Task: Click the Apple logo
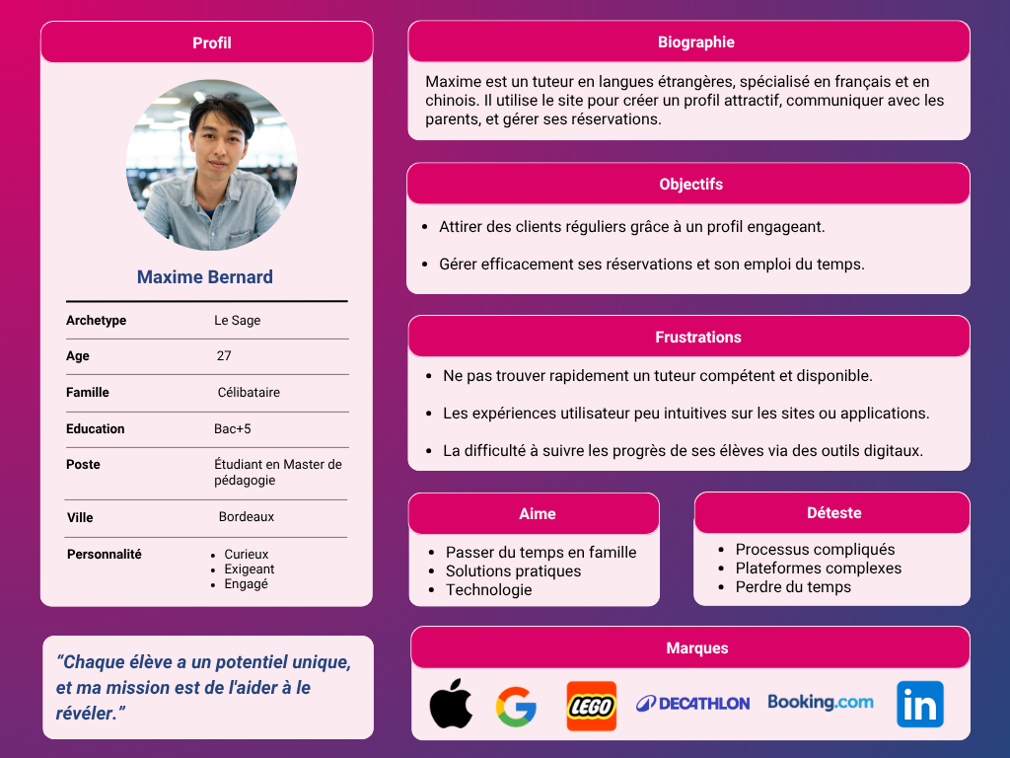pos(451,704)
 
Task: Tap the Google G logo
pos(516,707)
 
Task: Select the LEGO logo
pos(592,706)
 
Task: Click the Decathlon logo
pos(692,704)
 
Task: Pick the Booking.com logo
pos(821,702)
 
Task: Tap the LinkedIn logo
pos(919,705)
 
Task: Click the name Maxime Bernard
pos(205,277)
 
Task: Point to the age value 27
pos(224,356)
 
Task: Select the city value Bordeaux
pos(247,517)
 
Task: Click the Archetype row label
pos(97,321)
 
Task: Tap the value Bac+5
pos(233,429)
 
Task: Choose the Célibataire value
pos(249,393)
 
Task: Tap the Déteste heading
pos(833,513)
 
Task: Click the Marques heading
pos(697,648)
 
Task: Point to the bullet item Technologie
pos(488,590)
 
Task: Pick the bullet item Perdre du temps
pos(793,587)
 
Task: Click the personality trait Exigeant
pos(250,569)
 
